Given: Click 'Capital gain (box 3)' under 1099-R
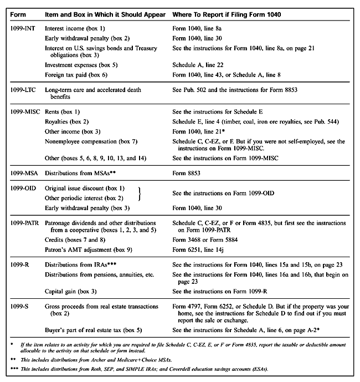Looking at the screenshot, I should (71, 291).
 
